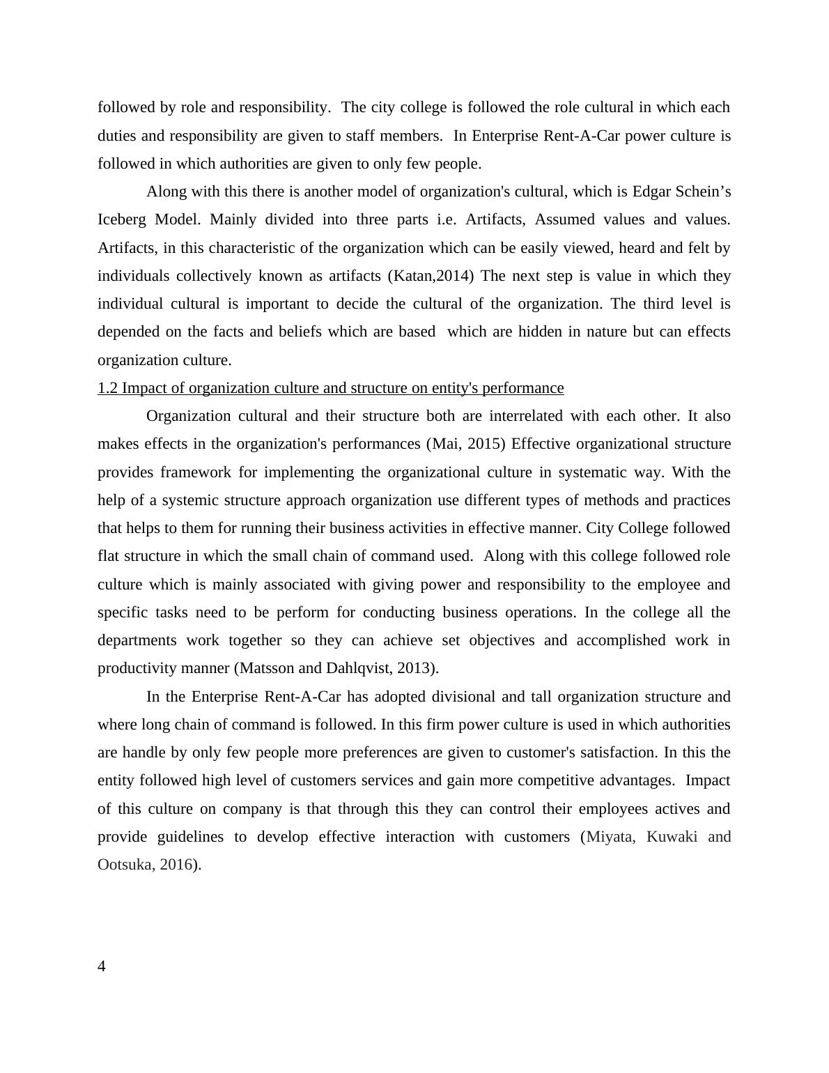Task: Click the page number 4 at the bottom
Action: tap(102, 966)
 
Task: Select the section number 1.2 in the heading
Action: tap(108, 388)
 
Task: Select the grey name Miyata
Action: tap(609, 837)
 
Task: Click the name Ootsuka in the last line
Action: tap(125, 865)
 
